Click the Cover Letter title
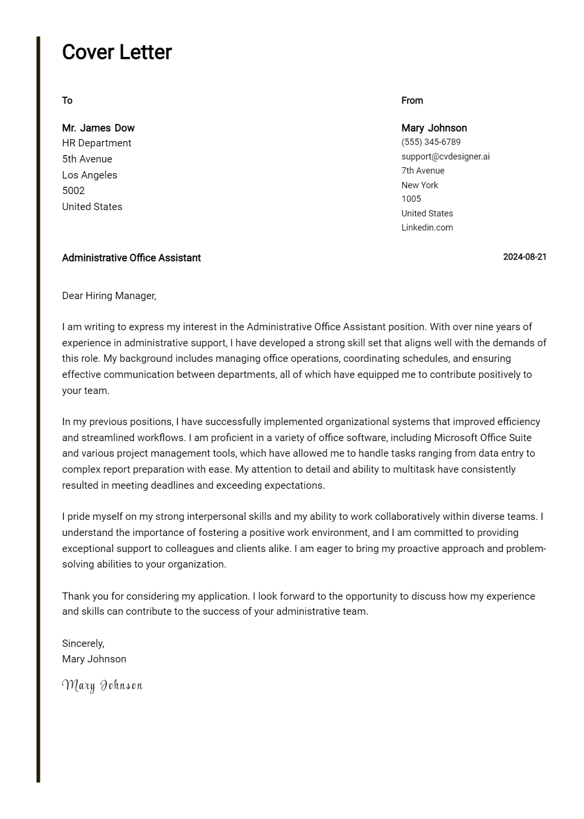pos(117,53)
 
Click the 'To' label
pos(67,101)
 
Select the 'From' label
pos(412,101)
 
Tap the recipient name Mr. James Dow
pos(98,128)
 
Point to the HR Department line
pos(96,143)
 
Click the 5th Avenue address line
pos(87,159)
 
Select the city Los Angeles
pos(90,175)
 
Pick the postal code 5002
pos(73,191)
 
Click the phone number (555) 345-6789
pos(431,142)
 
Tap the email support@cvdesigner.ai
pos(445,157)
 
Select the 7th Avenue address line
pos(422,171)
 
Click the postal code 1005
pos(411,199)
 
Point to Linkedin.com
pos(427,228)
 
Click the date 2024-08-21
pos(525,257)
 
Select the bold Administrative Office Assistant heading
pos(131,258)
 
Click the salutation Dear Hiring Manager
pos(109,296)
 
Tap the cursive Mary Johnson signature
pos(102,686)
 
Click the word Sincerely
pos(83,643)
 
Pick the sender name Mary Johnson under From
pos(434,128)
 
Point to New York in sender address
pos(420,185)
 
